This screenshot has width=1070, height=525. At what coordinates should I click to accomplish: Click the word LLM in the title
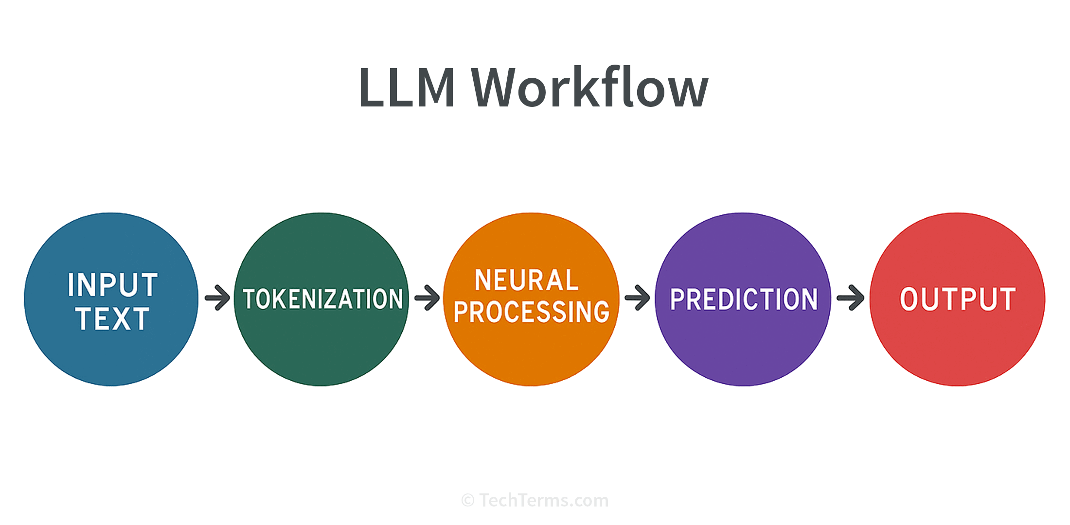point(407,87)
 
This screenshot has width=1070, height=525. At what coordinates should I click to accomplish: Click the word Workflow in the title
point(589,87)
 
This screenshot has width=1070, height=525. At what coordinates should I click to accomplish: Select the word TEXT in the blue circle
point(112,318)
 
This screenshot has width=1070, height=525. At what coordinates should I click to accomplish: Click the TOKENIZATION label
point(323,299)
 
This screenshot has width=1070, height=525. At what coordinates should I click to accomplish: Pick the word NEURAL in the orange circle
point(527,280)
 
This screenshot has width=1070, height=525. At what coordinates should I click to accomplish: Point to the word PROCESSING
point(532,312)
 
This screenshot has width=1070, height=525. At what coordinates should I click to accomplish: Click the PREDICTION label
point(744,299)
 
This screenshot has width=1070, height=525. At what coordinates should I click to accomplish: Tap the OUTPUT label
point(958,299)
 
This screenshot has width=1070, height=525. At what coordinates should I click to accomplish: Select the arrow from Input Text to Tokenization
point(217,297)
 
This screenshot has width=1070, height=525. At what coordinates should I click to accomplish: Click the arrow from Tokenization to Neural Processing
point(427,297)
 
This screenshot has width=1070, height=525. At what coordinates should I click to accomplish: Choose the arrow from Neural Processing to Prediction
point(637,297)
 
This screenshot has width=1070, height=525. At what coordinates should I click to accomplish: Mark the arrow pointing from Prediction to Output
point(851,297)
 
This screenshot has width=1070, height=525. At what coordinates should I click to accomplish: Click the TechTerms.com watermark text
point(544,500)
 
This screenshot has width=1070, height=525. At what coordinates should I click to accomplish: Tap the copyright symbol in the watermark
point(467,501)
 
